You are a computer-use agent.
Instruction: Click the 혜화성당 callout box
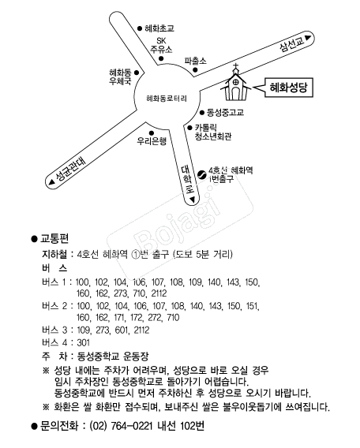pyautogui.click(x=289, y=88)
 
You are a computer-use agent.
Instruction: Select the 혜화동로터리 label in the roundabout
pyautogui.click(x=167, y=99)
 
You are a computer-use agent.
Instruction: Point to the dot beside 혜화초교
pyautogui.click(x=140, y=28)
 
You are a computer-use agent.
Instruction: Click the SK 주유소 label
pyautogui.click(x=161, y=45)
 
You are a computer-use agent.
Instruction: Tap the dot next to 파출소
pyautogui.click(x=195, y=69)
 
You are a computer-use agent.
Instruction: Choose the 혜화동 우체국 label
pyautogui.click(x=120, y=77)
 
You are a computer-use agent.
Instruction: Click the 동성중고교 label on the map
pyautogui.click(x=225, y=112)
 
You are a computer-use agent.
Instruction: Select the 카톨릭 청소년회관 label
pyautogui.click(x=213, y=132)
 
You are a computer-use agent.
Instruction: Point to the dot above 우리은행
pyautogui.click(x=152, y=133)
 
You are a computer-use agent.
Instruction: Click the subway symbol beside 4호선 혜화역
pyautogui.click(x=202, y=174)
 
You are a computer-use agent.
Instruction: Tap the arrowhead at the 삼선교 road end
pyautogui.click(x=308, y=38)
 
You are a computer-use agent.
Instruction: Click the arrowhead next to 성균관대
pyautogui.click(x=52, y=181)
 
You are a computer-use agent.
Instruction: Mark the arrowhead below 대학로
pyautogui.click(x=193, y=200)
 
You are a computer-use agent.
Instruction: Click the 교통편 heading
pyautogui.click(x=54, y=238)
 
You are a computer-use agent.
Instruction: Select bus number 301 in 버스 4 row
pyautogui.click(x=84, y=342)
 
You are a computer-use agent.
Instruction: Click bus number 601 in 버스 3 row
pyautogui.click(x=122, y=330)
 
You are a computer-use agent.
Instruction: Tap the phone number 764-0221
pyautogui.click(x=132, y=426)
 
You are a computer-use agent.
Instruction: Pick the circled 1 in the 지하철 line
pyautogui.click(x=135, y=254)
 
